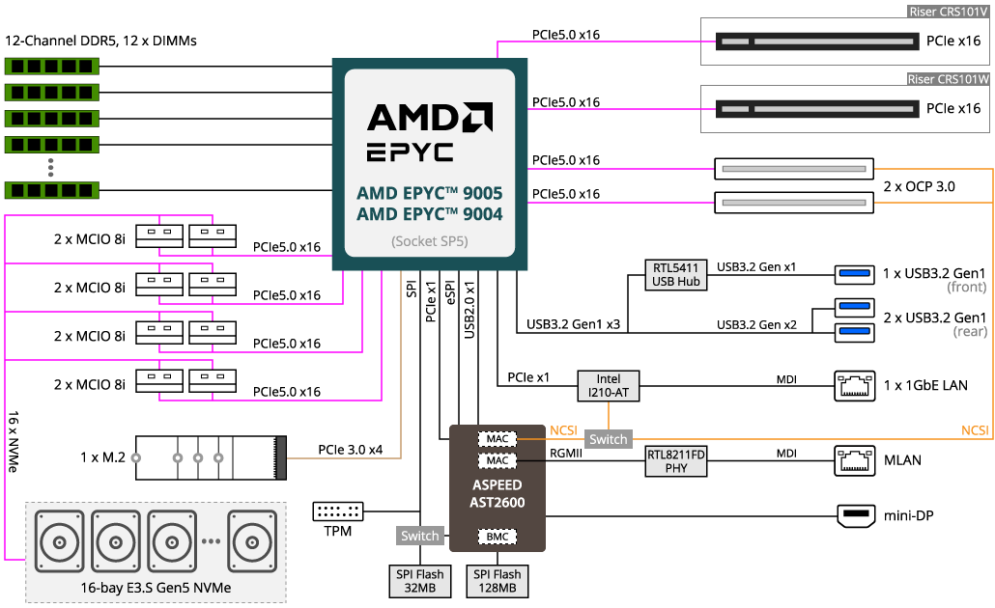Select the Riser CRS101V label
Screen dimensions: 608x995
point(949,12)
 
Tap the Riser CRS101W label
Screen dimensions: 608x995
point(949,79)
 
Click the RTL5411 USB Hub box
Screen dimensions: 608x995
point(676,274)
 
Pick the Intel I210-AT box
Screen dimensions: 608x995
point(609,386)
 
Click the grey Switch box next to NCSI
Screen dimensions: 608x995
point(609,439)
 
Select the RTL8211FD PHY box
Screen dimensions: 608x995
point(676,460)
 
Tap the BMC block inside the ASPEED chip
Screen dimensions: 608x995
point(497,537)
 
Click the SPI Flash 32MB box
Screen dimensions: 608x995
point(420,581)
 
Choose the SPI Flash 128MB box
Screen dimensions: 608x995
point(497,581)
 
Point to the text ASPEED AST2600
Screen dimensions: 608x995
point(497,493)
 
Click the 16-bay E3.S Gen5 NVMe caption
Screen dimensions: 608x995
point(156,587)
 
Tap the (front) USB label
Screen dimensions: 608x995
point(966,287)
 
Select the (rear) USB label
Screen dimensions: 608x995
point(969,331)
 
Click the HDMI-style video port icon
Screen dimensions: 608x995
point(855,516)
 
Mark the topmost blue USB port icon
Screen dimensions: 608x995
point(854,275)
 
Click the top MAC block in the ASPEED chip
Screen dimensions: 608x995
point(497,439)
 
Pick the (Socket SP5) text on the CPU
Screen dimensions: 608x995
point(429,241)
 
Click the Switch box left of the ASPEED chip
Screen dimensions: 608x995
point(420,536)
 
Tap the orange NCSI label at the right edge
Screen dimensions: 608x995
point(974,430)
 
